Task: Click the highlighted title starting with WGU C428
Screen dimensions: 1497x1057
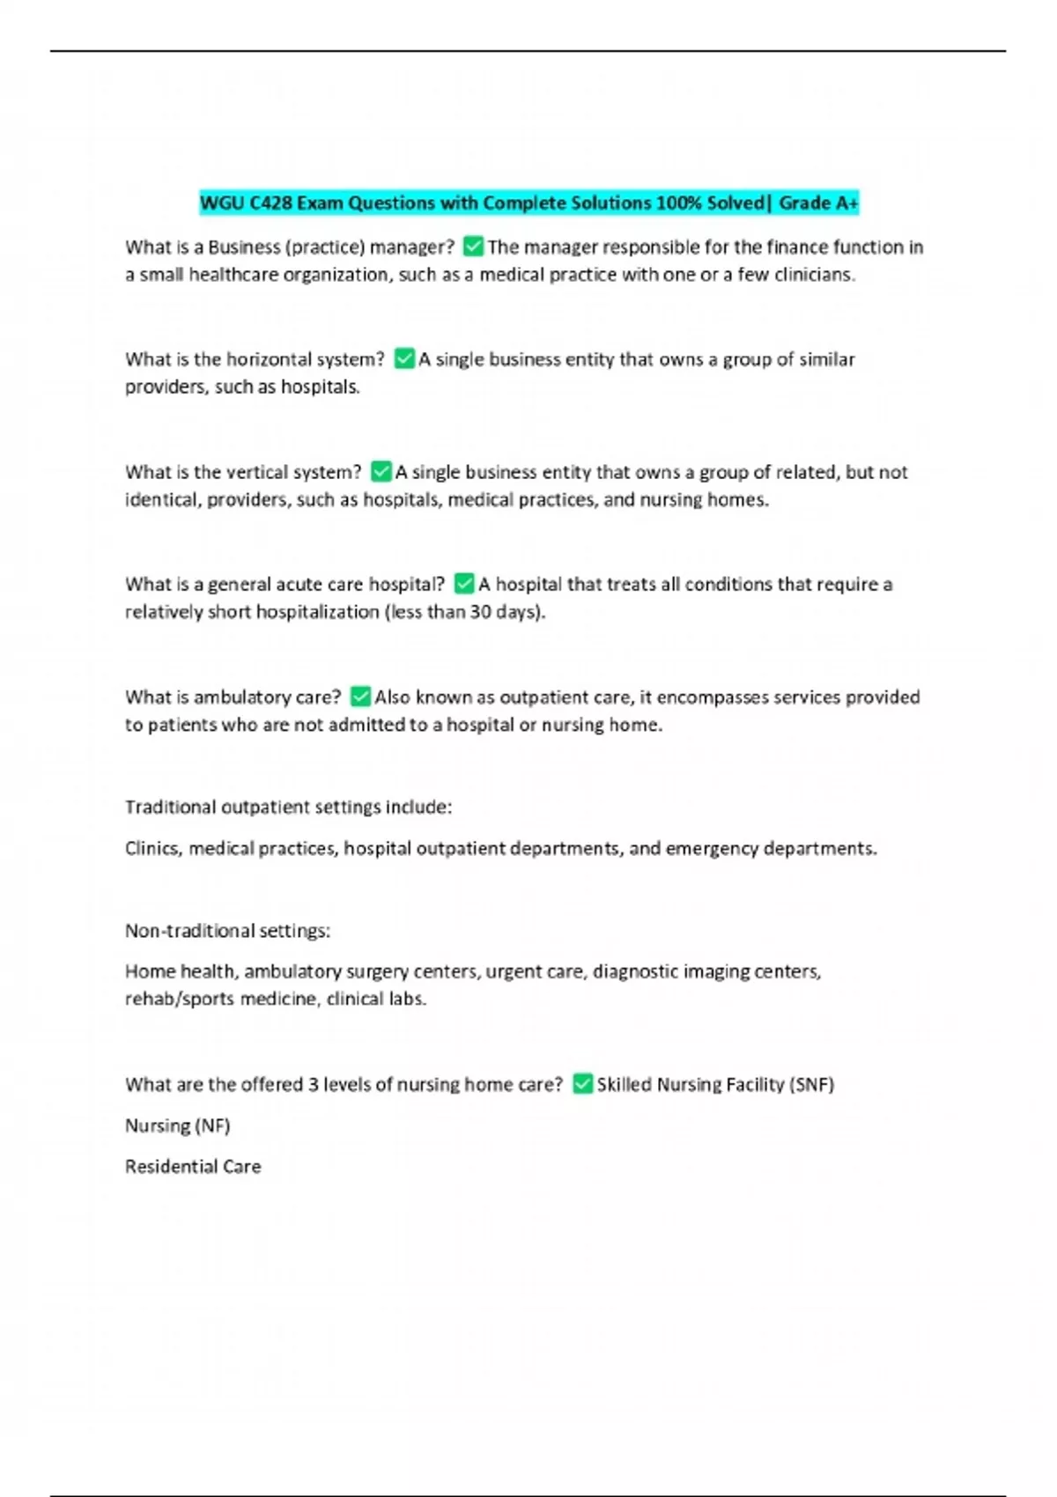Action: click(x=528, y=203)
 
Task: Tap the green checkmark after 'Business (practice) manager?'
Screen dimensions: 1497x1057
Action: click(x=473, y=247)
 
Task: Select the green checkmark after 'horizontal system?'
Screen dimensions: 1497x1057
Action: click(x=404, y=359)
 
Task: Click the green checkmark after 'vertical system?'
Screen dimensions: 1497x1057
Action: click(x=381, y=472)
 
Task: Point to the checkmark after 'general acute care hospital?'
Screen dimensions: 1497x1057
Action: click(x=464, y=584)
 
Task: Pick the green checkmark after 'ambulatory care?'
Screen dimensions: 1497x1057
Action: click(x=360, y=697)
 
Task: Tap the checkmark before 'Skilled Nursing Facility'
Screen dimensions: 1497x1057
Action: click(x=582, y=1084)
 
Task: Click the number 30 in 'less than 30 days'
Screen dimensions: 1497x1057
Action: click(x=480, y=612)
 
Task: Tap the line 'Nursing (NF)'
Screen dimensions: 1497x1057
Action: click(x=177, y=1125)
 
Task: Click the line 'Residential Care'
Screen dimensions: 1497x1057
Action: click(x=193, y=1167)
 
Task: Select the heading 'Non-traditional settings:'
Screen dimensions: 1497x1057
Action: click(x=227, y=931)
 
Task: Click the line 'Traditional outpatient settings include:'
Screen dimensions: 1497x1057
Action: click(x=288, y=807)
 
